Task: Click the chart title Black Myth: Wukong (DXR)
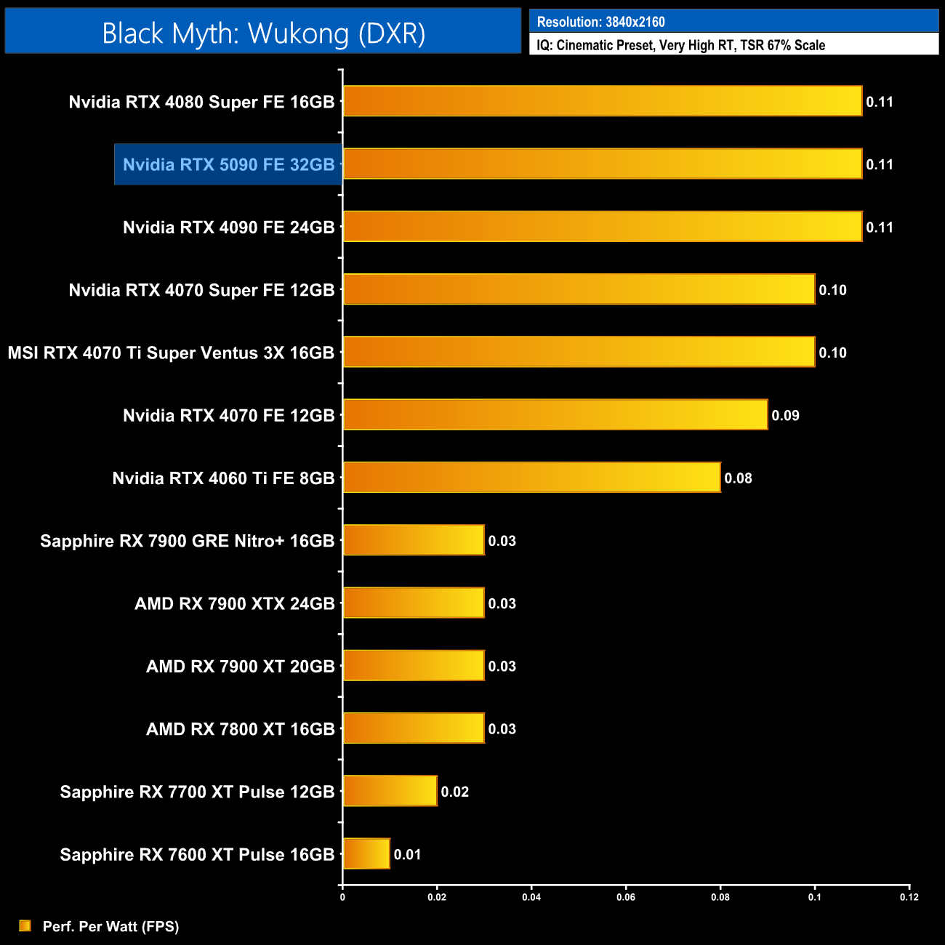tap(263, 33)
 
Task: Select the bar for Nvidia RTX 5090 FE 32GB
tap(603, 164)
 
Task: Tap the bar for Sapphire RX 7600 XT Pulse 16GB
tap(366, 854)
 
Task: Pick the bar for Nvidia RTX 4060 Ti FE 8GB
tap(531, 478)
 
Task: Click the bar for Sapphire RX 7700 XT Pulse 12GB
tap(390, 791)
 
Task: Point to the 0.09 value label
tap(785, 416)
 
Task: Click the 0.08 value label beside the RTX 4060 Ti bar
tap(738, 478)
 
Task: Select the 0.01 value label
tap(407, 855)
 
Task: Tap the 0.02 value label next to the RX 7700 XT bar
tap(454, 792)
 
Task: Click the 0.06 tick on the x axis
tap(626, 897)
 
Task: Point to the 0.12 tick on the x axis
tap(909, 897)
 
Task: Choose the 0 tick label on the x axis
tap(342, 897)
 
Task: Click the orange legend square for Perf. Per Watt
tap(25, 925)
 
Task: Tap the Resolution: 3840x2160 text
tap(600, 22)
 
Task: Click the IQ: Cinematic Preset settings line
tap(680, 45)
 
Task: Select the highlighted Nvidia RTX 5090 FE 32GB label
tap(228, 164)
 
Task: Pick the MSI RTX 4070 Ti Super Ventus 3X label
tap(171, 353)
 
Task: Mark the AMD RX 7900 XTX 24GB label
tap(234, 604)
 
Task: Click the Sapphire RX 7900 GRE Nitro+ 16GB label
tap(187, 541)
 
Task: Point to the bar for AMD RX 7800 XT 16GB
tap(414, 728)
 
